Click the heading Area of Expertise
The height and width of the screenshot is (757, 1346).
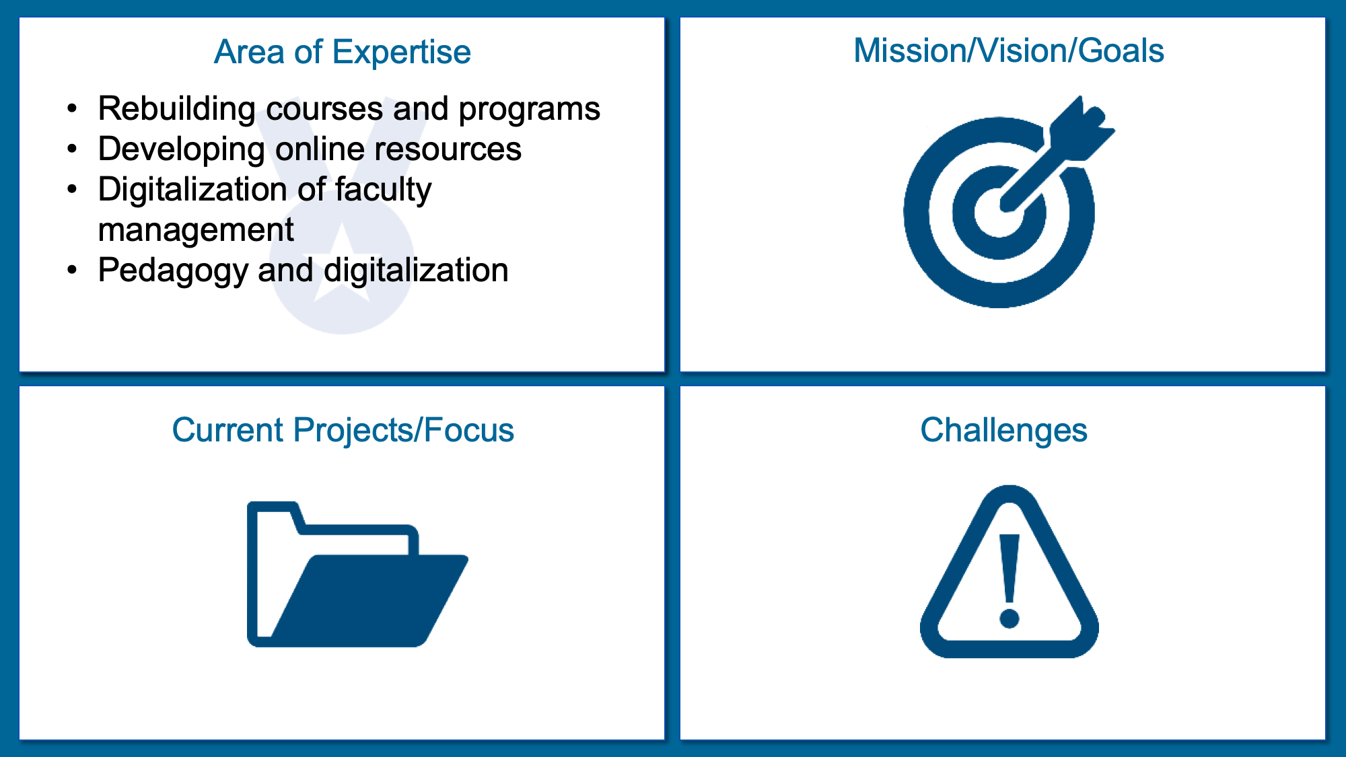point(342,52)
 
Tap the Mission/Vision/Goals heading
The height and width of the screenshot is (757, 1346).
point(1008,50)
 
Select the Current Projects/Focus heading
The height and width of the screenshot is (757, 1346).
point(343,430)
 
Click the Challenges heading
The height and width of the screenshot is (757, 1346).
point(1003,430)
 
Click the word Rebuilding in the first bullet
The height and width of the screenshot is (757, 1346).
point(176,108)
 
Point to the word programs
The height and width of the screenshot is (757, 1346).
point(529,110)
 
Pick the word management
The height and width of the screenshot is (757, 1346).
point(196,230)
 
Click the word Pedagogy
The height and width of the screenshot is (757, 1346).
point(173,271)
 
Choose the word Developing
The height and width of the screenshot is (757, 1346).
point(181,150)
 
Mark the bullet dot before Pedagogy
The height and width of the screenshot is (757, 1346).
point(73,270)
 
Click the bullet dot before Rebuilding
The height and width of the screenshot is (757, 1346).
point(73,108)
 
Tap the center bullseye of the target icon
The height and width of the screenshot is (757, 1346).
point(999,212)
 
